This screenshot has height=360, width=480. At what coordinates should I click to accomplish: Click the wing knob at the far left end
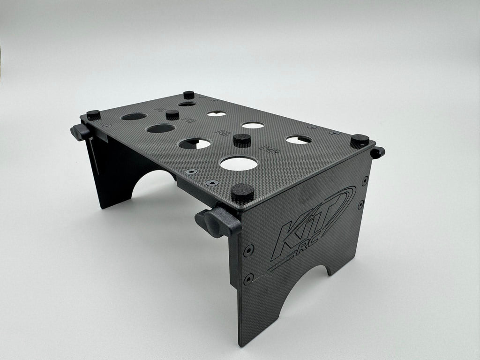(x=81, y=132)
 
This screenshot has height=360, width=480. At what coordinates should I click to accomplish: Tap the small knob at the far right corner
(x=377, y=152)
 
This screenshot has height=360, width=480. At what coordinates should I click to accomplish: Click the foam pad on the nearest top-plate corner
(x=242, y=192)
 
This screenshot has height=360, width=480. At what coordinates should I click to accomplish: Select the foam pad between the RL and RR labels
(x=242, y=139)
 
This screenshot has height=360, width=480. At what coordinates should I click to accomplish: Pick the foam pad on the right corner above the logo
(x=360, y=140)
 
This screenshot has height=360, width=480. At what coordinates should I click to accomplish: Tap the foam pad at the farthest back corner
(x=189, y=95)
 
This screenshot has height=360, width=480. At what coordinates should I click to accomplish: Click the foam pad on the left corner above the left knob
(x=93, y=115)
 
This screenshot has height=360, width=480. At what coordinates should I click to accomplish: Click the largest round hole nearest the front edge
(x=239, y=163)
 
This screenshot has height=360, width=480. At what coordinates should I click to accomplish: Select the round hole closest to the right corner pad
(x=299, y=140)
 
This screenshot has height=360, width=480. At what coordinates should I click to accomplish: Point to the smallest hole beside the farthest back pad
(x=187, y=104)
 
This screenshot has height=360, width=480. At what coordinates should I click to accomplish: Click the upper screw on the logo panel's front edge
(x=248, y=250)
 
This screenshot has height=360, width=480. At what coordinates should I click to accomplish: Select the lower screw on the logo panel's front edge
(x=248, y=278)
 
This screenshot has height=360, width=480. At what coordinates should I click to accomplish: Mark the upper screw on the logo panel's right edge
(x=365, y=180)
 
